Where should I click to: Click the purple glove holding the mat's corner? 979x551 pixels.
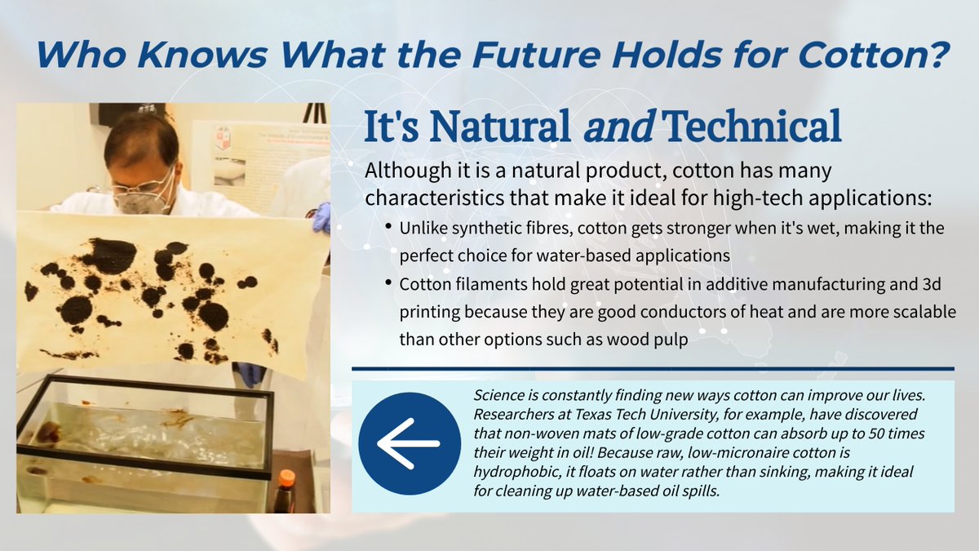click(x=321, y=218)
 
